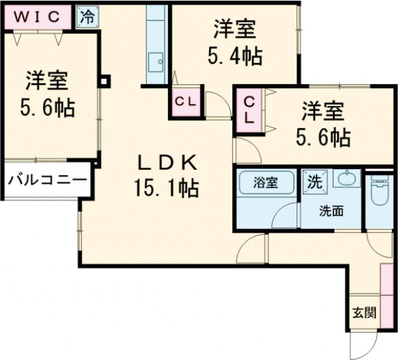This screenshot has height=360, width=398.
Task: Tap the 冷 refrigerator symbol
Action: pos(86,17)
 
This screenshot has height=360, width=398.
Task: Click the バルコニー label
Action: pos(47,180)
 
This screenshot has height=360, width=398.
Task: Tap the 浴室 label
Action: pos(265,182)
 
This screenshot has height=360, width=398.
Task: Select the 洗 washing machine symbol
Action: pos(313,180)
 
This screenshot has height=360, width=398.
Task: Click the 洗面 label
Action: pos(331,212)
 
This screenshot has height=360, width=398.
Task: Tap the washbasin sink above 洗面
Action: pos(345,179)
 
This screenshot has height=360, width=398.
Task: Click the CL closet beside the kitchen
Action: pos(185,102)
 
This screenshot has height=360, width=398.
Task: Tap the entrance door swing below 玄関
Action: pos(362,345)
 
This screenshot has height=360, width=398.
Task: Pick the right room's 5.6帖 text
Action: pos(322,137)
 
